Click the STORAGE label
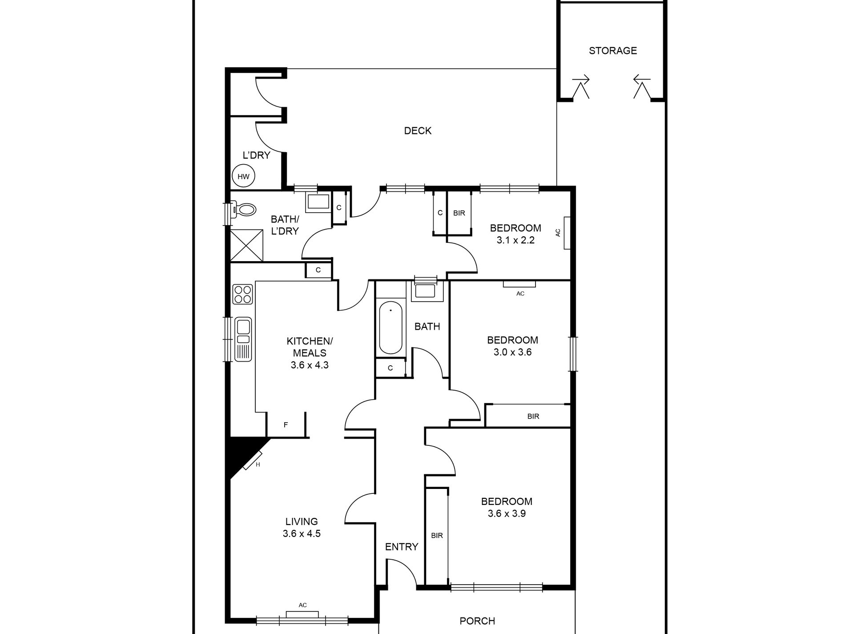[613, 51]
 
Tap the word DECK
[418, 131]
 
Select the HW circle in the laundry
[243, 176]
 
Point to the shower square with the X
[247, 245]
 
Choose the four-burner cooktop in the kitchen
[243, 295]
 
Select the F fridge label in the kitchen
[286, 425]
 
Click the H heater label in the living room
[258, 465]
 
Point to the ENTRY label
[402, 547]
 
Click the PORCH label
[477, 621]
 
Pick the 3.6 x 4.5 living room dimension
[302, 533]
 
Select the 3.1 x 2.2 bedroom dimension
[515, 240]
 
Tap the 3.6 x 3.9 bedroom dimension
[507, 513]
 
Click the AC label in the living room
[302, 605]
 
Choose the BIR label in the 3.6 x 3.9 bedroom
[437, 536]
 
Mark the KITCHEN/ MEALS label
[310, 347]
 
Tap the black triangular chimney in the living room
[242, 454]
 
